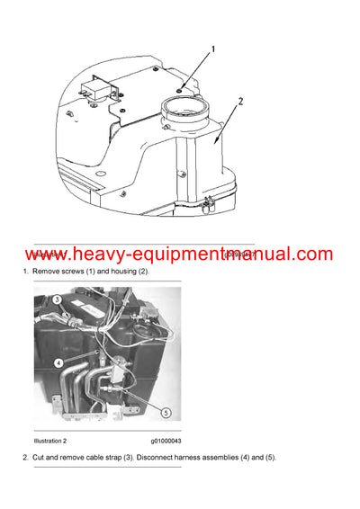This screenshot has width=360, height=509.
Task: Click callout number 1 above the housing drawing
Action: (x=212, y=50)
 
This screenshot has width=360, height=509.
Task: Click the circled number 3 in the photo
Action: (x=56, y=299)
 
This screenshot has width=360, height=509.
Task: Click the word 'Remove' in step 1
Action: (x=45, y=272)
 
